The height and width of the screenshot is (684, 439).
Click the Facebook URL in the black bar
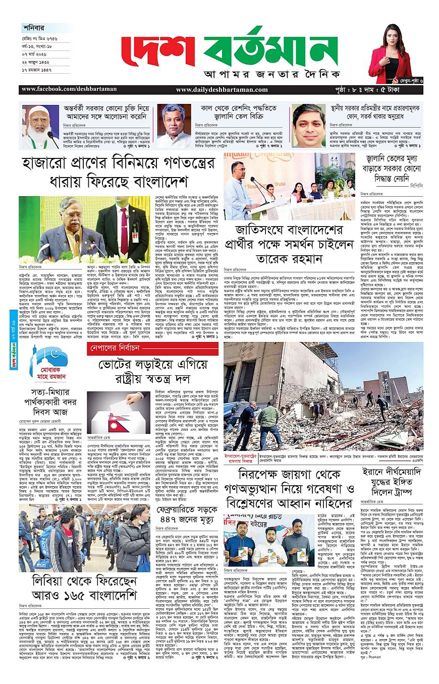point(69,89)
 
